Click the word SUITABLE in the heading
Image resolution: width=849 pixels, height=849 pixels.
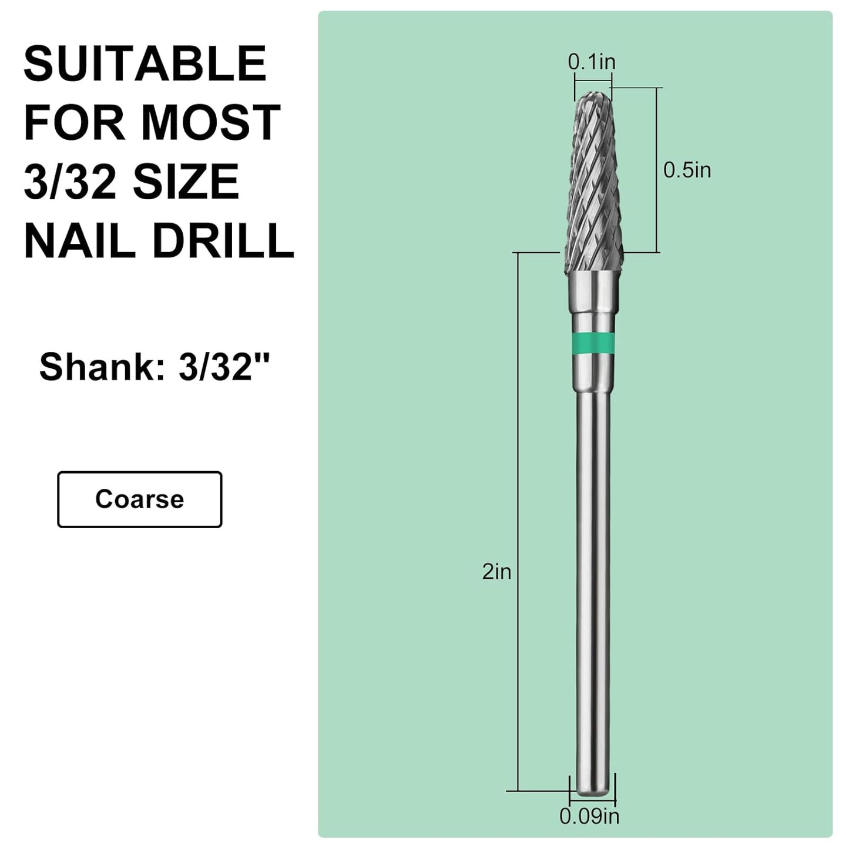point(145,64)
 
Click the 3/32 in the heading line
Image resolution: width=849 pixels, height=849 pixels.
point(69,182)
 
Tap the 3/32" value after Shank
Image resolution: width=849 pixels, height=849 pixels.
point(224,367)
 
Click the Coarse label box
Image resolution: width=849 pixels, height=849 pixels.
point(139,499)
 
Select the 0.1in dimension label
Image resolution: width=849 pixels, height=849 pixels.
point(592,62)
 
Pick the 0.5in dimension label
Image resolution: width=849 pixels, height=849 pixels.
point(687,170)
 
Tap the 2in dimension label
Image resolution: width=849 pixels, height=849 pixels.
point(496,572)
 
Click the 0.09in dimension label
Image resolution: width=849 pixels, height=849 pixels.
point(589,816)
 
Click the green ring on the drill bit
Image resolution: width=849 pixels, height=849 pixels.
point(593,341)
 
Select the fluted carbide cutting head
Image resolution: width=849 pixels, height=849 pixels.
point(593,188)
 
